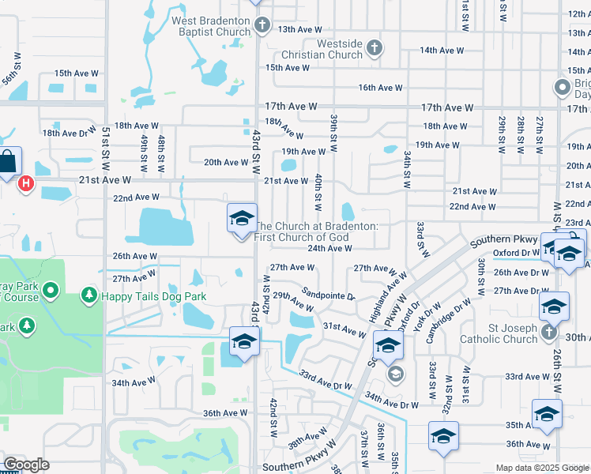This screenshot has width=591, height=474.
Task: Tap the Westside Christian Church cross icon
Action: click(x=375, y=49)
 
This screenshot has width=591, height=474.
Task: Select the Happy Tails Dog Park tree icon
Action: click(x=89, y=296)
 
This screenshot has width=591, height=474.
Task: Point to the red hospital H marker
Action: click(x=26, y=184)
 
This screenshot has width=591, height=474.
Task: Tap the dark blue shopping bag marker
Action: click(x=7, y=162)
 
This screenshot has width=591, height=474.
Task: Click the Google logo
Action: click(x=27, y=465)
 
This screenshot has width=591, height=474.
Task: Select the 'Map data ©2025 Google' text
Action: click(x=543, y=467)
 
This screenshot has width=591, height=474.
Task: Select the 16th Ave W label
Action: click(x=381, y=88)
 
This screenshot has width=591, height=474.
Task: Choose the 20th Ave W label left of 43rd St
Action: click(x=226, y=163)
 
